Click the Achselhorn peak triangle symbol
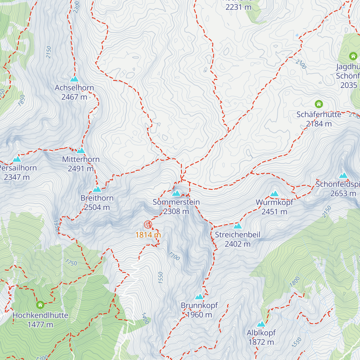pyautogui.click(x=74, y=79)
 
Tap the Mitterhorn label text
pyautogui.click(x=81, y=159)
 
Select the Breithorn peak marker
pyautogui.click(x=97, y=189)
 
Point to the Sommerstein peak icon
pyautogui.click(x=176, y=193)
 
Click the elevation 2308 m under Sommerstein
pyautogui.click(x=176, y=211)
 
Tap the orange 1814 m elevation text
pyautogui.click(x=148, y=235)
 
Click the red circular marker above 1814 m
pyautogui.click(x=148, y=224)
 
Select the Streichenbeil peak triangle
pyautogui.click(x=238, y=226)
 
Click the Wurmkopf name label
pyautogui.click(x=274, y=202)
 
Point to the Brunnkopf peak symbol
pyautogui.click(x=199, y=297)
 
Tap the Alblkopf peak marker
pyautogui.click(x=261, y=324)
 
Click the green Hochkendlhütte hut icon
pyautogui.click(x=40, y=305)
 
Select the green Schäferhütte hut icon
pyautogui.click(x=319, y=104)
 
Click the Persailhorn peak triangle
pyautogui.click(x=17, y=159)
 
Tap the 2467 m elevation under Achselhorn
pyautogui.click(x=74, y=97)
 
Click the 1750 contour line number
pyautogui.click(x=71, y=263)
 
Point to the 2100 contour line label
pyautogui.click(x=301, y=64)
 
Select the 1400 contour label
pyautogui.click(x=145, y=318)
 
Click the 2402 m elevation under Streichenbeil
pyautogui.click(x=238, y=244)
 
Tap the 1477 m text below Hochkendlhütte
pyautogui.click(x=40, y=325)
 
